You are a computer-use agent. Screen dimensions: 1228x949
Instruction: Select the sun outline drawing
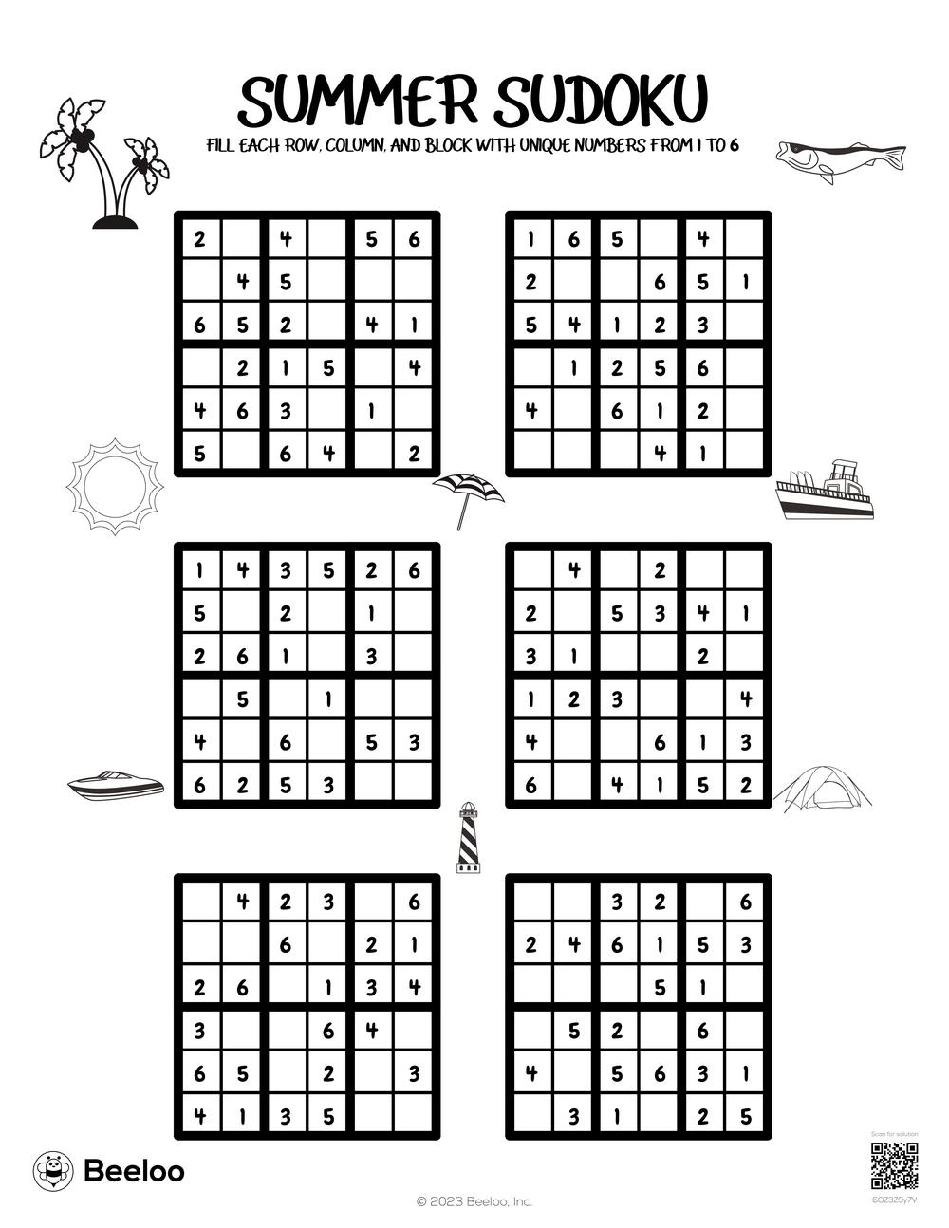115,485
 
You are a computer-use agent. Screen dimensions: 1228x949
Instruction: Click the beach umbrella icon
468,495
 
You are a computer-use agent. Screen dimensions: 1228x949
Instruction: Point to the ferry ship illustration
824,492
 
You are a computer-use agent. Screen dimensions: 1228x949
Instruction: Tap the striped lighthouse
469,838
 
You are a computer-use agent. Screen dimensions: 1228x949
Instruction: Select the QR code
894,1167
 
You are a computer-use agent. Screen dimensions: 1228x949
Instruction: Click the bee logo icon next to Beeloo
54,1171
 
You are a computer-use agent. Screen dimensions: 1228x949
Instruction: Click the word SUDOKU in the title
601,102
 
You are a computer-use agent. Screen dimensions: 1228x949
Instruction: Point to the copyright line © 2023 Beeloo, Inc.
474,1201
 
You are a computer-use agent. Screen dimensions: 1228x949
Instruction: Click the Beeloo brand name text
135,1171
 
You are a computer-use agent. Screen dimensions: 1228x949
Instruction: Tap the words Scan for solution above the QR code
894,1134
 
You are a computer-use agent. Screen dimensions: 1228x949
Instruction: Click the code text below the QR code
894,1200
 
